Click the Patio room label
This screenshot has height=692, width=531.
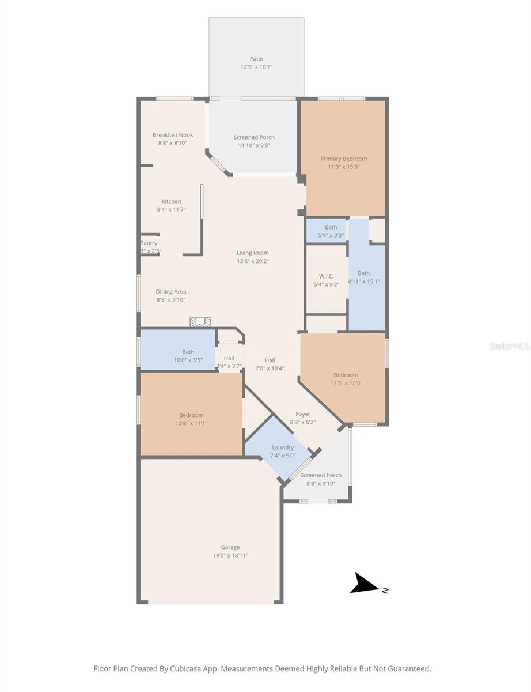point(256,59)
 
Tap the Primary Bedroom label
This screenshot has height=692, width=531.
point(343,159)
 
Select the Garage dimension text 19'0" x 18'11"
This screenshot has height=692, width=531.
point(230,555)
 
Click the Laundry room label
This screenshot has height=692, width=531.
point(283,447)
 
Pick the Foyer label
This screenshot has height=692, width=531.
point(303,414)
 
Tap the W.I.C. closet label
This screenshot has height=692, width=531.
point(326,276)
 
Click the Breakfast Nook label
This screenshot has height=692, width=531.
point(173,135)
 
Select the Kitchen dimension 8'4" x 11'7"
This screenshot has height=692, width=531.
point(171,209)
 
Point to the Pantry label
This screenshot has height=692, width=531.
point(149,243)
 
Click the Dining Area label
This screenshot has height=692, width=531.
point(171,292)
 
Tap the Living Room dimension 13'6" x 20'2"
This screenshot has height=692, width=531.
point(253,261)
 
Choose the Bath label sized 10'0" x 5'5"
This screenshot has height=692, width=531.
point(188,352)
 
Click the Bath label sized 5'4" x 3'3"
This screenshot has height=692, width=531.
point(331,227)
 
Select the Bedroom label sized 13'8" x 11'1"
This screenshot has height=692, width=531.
point(191,415)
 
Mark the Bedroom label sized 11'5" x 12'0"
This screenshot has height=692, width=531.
point(346,375)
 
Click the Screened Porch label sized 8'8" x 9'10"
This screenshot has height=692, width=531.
point(321,475)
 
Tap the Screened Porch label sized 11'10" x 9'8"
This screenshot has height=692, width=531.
point(254,137)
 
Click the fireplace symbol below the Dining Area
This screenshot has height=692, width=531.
point(201,322)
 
